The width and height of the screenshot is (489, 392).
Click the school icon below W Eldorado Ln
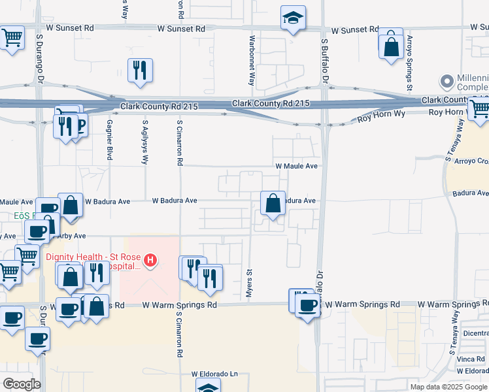coord(208,387)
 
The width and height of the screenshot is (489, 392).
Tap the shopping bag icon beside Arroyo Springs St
coord(391,46)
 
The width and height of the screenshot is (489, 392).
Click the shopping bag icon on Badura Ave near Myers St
coord(273,203)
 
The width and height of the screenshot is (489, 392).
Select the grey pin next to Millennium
coord(447,82)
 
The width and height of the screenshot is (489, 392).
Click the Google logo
coord(22,384)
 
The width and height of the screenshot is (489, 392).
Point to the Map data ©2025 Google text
coord(448,387)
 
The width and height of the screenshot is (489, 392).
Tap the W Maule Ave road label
coord(296,166)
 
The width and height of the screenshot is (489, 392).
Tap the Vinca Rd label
coord(471,359)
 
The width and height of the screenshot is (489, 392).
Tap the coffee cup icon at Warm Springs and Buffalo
coord(307,306)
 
